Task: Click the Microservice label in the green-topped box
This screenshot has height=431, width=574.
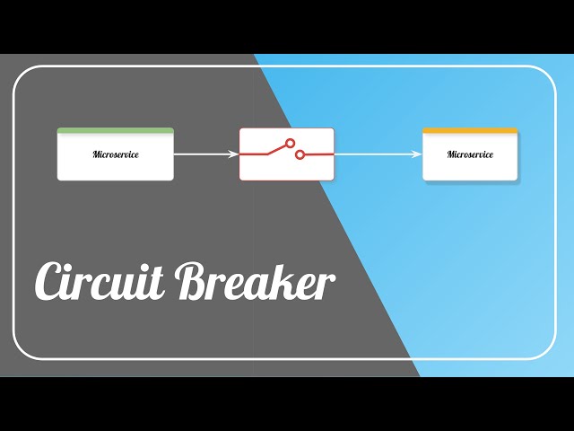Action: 116,154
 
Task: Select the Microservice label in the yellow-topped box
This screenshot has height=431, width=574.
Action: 470,154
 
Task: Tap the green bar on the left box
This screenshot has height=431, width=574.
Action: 116,131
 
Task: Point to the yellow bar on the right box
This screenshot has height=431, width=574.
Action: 470,131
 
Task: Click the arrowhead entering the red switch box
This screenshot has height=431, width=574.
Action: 235,154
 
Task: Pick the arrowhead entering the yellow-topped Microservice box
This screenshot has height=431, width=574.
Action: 418,154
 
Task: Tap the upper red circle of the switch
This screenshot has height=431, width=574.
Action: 290,143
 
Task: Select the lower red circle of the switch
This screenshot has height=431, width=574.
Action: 300,154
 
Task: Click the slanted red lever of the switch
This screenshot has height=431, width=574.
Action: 273,149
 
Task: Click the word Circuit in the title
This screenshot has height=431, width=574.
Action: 99,282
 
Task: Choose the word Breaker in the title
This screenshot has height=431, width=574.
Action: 256,282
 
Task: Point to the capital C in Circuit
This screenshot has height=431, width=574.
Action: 49,282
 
